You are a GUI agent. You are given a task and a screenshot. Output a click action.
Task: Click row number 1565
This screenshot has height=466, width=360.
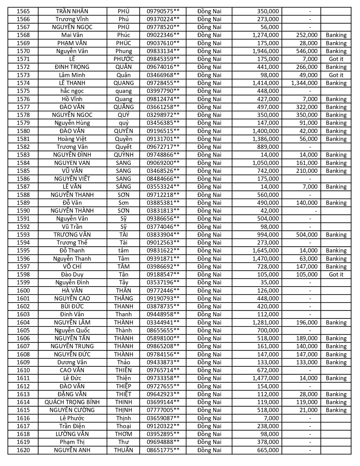(23, 11)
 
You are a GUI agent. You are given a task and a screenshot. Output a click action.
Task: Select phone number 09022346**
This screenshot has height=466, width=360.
(163, 35)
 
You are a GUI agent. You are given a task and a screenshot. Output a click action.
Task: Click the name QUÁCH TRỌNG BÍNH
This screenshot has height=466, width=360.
(72, 402)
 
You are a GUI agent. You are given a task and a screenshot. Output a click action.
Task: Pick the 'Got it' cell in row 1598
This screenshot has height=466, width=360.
(336, 275)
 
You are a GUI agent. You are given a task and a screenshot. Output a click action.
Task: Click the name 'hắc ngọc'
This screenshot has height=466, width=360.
(72, 91)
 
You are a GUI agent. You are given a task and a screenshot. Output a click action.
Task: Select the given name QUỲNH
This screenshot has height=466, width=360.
(124, 155)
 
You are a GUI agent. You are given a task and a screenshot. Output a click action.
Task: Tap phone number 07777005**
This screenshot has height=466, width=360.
(163, 410)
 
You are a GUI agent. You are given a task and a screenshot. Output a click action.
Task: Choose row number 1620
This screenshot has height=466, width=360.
(23, 450)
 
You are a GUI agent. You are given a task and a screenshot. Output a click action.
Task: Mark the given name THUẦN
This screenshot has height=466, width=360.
(124, 450)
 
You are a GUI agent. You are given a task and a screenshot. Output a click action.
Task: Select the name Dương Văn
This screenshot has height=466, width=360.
(72, 362)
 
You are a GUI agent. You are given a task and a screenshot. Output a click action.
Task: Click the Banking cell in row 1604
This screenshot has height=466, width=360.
(336, 323)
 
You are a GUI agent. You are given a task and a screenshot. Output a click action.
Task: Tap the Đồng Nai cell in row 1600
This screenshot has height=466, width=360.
(209, 291)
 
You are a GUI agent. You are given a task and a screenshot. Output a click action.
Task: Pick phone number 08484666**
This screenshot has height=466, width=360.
(163, 179)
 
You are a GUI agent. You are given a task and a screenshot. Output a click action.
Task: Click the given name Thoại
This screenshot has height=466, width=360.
(124, 426)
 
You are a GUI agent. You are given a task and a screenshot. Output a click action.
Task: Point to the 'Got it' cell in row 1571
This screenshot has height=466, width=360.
(336, 59)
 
